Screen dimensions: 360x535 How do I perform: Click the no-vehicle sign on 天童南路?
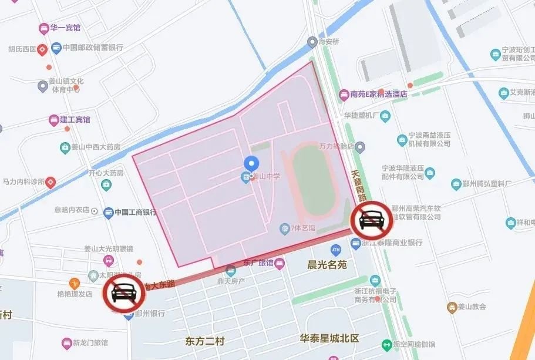pos(372,221)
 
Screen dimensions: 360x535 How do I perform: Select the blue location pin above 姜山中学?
pos(251,164)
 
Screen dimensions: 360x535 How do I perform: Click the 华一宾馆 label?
pos(65,28)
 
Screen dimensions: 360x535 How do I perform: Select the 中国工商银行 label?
pos(135,213)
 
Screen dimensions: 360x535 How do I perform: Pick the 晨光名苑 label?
pos(327,265)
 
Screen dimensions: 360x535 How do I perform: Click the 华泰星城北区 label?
pos(329,339)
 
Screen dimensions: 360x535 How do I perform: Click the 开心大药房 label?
pos(106,174)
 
